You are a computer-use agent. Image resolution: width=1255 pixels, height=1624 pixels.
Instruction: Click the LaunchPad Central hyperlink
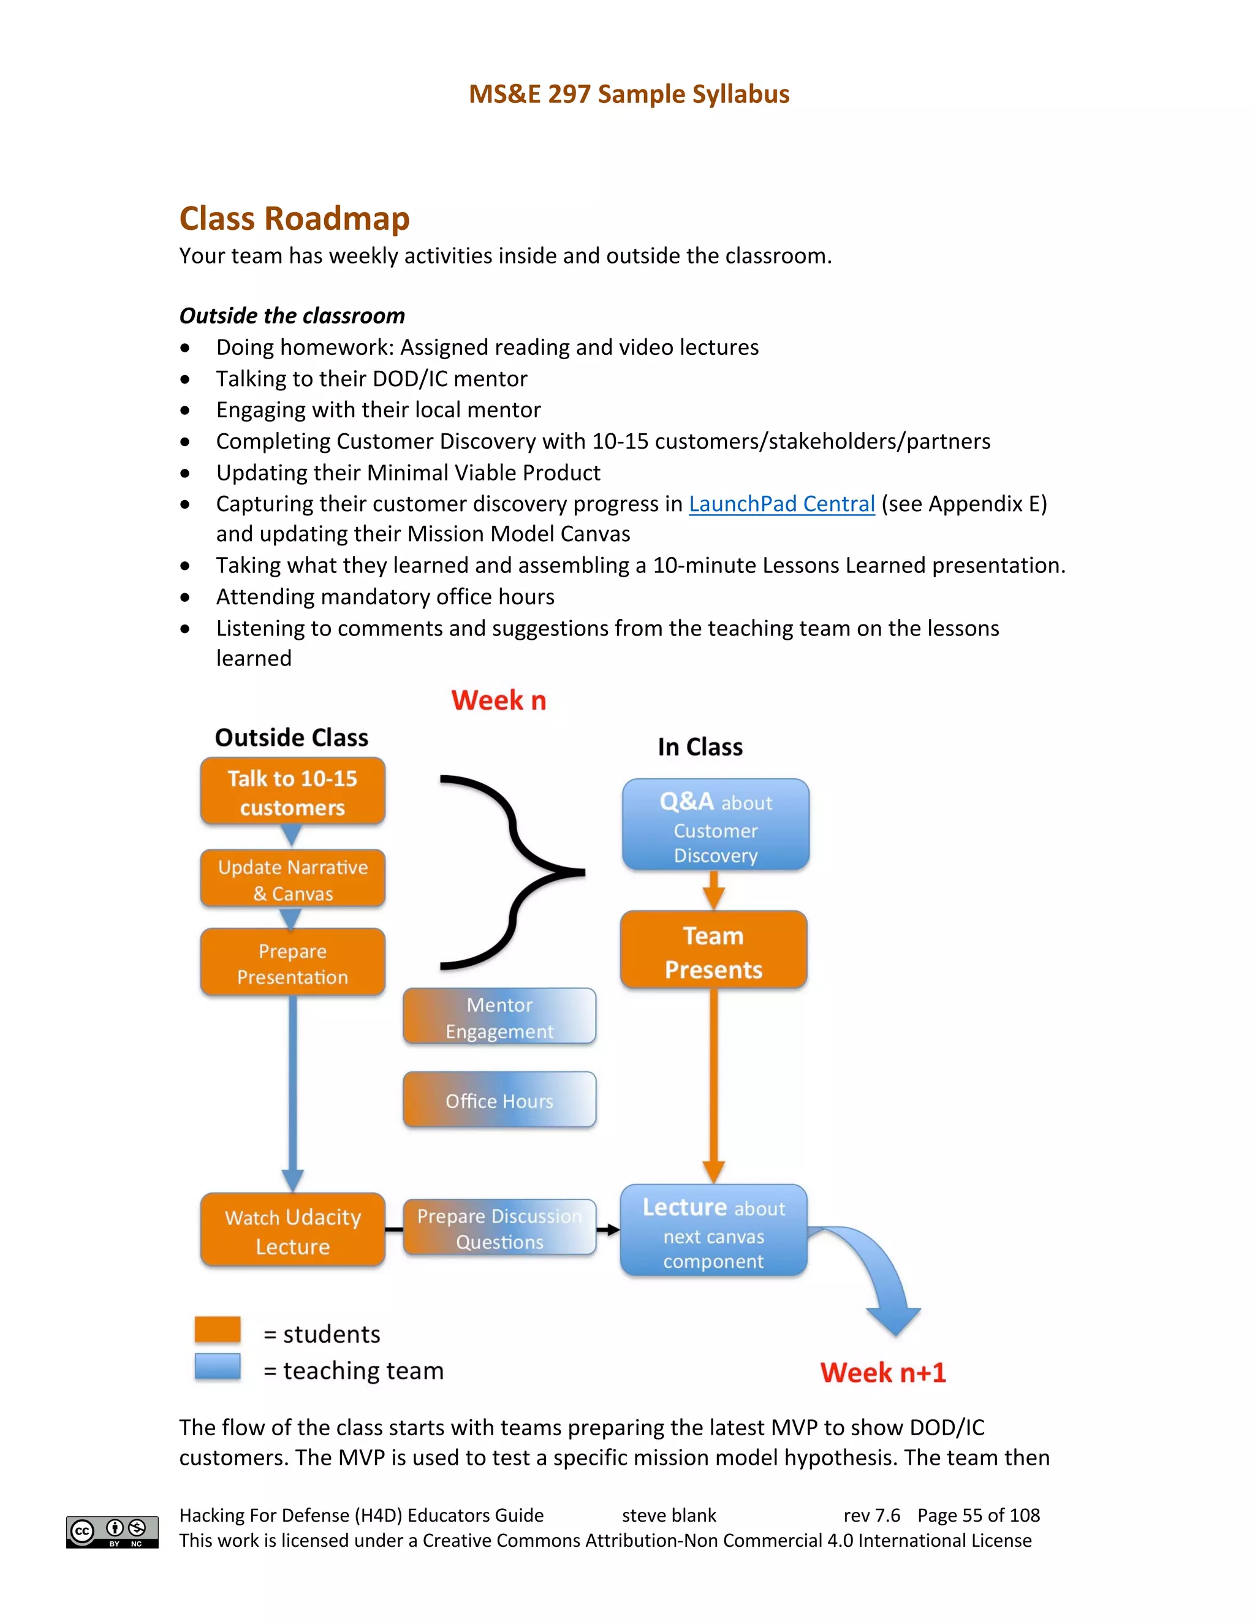[x=781, y=504]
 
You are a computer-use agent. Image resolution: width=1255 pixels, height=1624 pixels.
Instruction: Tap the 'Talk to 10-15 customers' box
[x=292, y=792]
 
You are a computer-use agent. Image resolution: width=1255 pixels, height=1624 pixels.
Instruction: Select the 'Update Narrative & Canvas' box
[x=292, y=879]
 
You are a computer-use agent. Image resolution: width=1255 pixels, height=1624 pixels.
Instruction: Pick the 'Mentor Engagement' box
[x=499, y=1017]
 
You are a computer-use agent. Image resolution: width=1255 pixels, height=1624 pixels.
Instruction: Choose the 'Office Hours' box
[x=499, y=1101]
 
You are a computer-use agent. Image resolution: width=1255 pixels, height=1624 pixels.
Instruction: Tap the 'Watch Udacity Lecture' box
[x=292, y=1231]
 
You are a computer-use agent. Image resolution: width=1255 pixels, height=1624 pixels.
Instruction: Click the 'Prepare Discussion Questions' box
[x=499, y=1228]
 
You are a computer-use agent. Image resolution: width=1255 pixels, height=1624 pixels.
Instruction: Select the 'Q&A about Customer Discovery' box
[x=715, y=825]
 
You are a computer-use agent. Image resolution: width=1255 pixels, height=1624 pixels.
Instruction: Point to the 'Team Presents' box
[x=714, y=951]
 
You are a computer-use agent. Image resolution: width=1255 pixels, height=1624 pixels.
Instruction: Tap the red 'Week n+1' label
[x=882, y=1373]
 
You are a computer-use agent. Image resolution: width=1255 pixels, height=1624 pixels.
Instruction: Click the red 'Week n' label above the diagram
[x=499, y=700]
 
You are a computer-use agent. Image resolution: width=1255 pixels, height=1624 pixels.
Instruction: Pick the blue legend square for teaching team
[x=217, y=1367]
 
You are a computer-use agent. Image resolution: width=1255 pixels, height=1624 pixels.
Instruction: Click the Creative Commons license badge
[x=112, y=1532]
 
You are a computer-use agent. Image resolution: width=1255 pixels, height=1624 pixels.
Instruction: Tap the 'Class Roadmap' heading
[x=294, y=219]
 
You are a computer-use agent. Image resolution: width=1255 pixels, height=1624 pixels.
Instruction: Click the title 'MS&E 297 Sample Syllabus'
[x=629, y=94]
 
